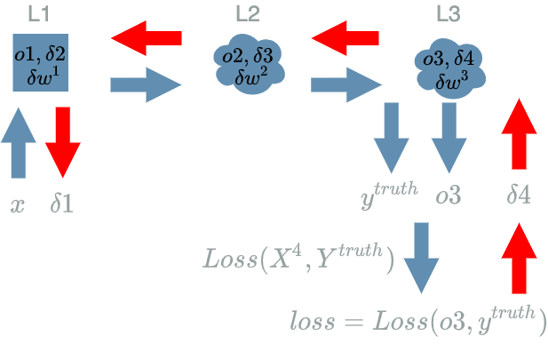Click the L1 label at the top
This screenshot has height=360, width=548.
tap(39, 14)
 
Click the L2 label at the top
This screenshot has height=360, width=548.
tap(248, 14)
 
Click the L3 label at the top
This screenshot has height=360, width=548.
tap(449, 14)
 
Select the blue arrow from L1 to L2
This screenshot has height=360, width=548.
tap(146, 85)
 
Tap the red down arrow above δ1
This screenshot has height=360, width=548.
tap(62, 141)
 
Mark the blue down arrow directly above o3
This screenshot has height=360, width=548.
tap(449, 138)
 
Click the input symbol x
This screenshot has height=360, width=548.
tap(17, 205)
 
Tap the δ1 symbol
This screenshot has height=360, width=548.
tap(61, 204)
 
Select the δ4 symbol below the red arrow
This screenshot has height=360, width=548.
tap(518, 194)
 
